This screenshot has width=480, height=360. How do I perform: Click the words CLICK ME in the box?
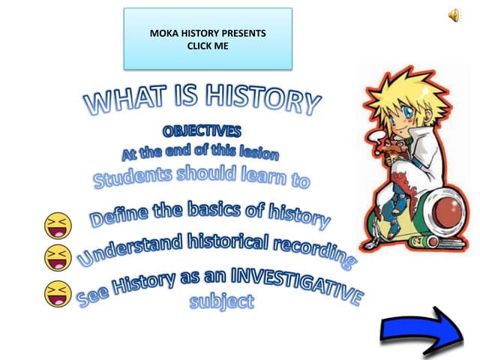click(x=207, y=46)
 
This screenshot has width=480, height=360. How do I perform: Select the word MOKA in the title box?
click(x=163, y=34)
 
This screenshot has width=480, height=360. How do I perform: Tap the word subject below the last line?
click(x=221, y=302)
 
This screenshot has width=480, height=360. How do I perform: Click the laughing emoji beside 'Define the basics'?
click(x=56, y=224)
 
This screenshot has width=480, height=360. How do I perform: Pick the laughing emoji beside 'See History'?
click(x=56, y=292)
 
